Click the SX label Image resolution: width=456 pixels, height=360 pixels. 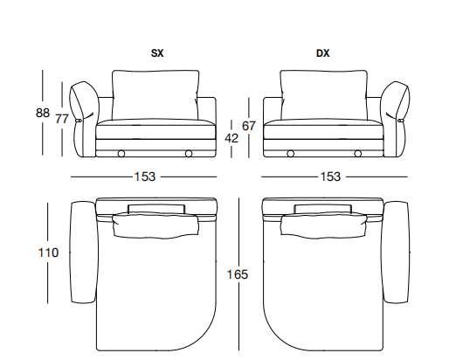pyautogui.click(x=157, y=53)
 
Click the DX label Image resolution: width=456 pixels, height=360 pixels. pyautogui.click(x=323, y=53)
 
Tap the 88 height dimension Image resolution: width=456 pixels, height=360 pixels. pyautogui.click(x=43, y=113)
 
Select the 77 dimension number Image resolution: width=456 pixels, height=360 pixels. pyautogui.click(x=62, y=119)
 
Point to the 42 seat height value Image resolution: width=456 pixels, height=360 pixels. pyautogui.click(x=231, y=138)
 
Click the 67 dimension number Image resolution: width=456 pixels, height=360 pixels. pyautogui.click(x=249, y=126)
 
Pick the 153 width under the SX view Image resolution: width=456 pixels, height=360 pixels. pyautogui.click(x=144, y=177)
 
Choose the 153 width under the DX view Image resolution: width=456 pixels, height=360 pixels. pyautogui.click(x=330, y=177)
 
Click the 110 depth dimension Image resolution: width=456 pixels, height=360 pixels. pyautogui.click(x=48, y=253)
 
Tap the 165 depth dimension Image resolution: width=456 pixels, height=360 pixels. pyautogui.click(x=238, y=274)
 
